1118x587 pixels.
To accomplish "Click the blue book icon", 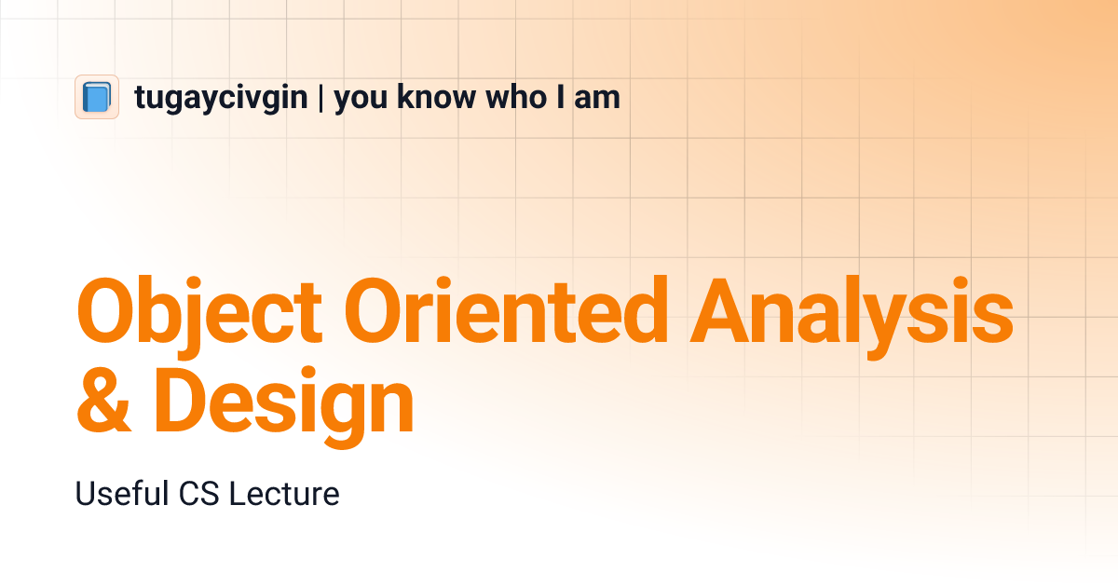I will tap(97, 97).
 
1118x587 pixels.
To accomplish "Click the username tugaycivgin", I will tap(221, 98).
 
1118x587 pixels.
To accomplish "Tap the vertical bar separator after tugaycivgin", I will tap(320, 98).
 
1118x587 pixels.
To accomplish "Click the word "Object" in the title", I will tap(199, 310).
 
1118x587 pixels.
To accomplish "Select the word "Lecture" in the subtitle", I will tap(284, 494).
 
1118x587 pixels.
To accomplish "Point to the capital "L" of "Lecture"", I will tap(237, 494).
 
